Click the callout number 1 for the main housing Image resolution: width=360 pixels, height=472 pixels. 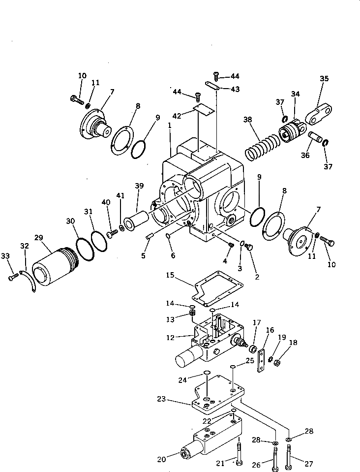pyautogui.click(x=169, y=126)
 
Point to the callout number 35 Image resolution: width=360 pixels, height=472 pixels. pyautogui.click(x=324, y=78)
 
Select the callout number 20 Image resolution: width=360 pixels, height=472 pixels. pyautogui.click(x=161, y=460)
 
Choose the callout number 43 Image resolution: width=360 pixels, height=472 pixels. pyautogui.click(x=235, y=89)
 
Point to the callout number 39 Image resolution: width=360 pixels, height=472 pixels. pyautogui.click(x=140, y=186)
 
